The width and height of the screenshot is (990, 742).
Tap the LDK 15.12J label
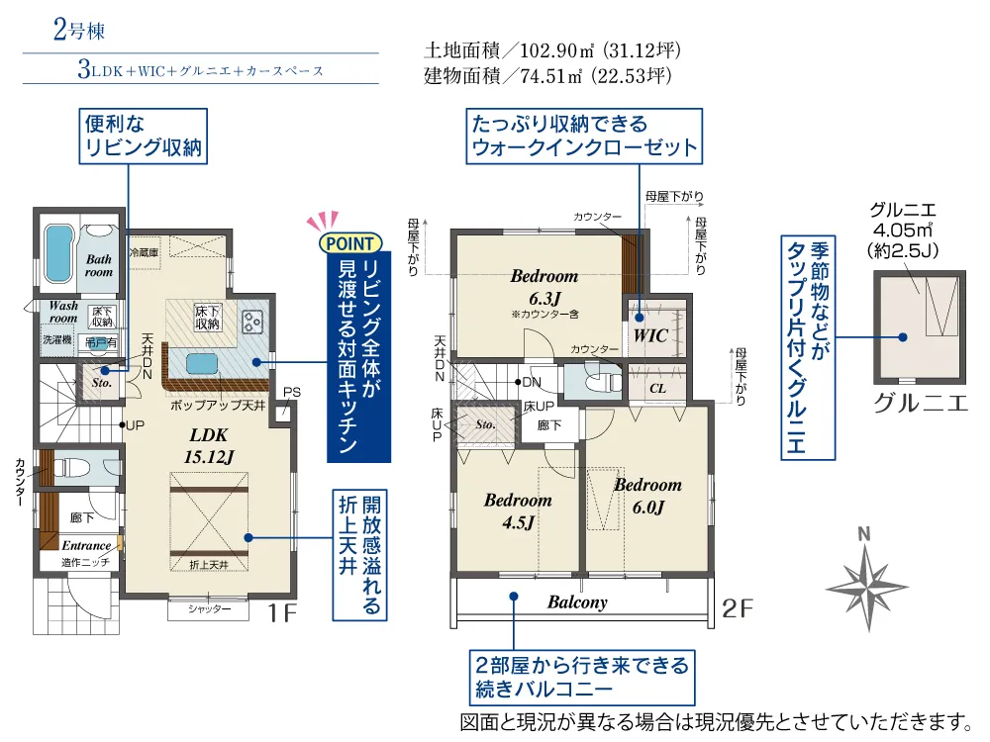click(209, 446)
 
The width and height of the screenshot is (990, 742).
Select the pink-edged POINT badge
click(350, 243)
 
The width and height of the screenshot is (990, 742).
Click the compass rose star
click(867, 588)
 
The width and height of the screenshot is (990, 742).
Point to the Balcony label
click(577, 602)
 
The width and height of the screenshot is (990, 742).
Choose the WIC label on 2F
click(650, 335)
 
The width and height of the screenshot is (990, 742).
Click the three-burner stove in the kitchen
click(252, 323)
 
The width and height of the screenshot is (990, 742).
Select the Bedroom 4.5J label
click(518, 511)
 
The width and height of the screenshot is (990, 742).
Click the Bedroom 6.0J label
click(647, 496)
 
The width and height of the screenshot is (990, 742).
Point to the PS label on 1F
click(292, 392)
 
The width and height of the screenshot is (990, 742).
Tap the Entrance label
click(86, 545)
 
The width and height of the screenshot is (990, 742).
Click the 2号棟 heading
click(79, 31)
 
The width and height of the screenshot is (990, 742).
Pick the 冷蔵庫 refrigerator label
click(144, 252)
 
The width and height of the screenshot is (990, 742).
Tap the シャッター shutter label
click(209, 608)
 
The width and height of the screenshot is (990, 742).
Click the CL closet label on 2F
click(657, 388)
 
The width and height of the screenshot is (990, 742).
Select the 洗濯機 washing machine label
click(57, 339)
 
